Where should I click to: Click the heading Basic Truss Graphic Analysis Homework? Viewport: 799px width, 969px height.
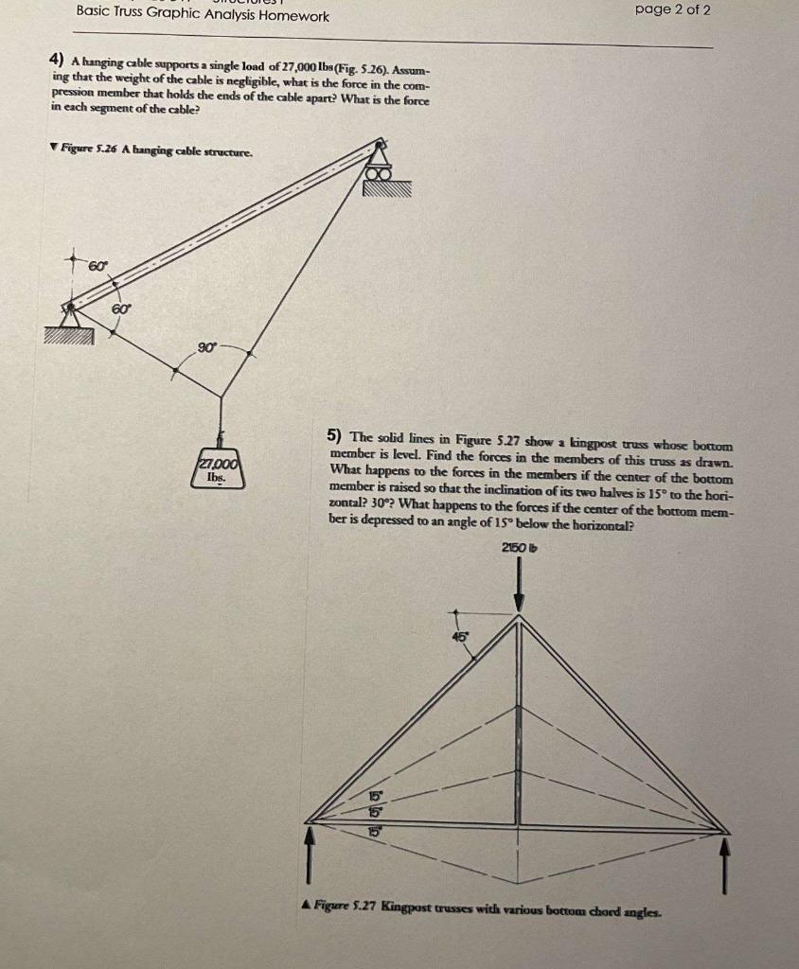pyautogui.click(x=204, y=16)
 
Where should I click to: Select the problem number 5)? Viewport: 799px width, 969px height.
pyautogui.click(x=334, y=436)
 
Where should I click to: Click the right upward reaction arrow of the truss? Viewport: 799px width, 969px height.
pyautogui.click(x=726, y=866)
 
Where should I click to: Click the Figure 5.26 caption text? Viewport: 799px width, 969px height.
pyautogui.click(x=155, y=149)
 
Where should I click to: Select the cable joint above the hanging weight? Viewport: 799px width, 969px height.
pyautogui.click(x=221, y=397)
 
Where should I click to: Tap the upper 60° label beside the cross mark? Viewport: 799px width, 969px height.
pyautogui.click(x=98, y=266)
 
